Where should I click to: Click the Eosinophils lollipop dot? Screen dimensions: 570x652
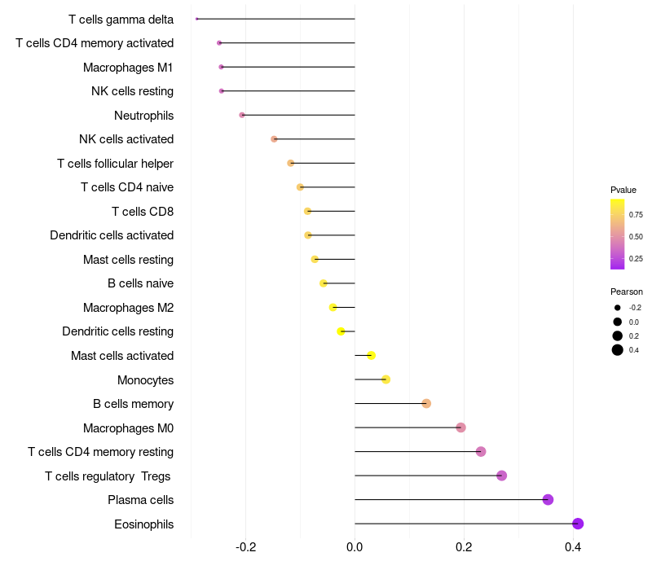578,524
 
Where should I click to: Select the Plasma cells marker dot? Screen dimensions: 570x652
548,499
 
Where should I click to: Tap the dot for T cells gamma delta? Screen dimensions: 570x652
197,19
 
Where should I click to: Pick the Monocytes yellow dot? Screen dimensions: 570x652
385,379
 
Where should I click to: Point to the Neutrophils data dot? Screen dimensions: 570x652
242,115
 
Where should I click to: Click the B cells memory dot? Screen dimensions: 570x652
426,404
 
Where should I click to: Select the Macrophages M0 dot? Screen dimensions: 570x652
460,427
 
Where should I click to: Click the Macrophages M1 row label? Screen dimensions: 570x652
128,67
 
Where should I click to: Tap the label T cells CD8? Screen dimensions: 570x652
142,212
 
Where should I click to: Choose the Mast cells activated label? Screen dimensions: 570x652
122,356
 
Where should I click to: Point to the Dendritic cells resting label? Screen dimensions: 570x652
117,331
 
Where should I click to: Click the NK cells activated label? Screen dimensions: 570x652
126,139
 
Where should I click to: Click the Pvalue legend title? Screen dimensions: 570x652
623,190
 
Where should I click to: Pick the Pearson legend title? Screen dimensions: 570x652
627,292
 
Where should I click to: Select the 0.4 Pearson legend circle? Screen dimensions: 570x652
618,350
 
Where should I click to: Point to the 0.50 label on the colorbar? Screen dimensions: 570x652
636,236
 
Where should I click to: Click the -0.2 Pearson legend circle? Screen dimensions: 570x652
618,308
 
